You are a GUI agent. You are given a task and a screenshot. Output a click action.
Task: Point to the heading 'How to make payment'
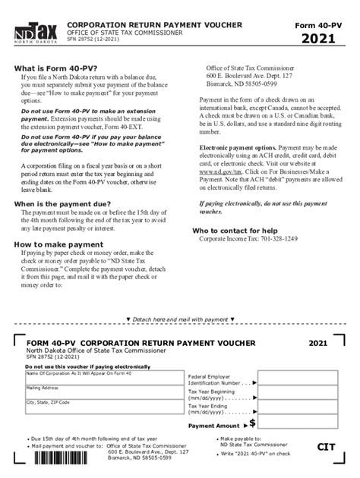pyautogui.click(x=58, y=244)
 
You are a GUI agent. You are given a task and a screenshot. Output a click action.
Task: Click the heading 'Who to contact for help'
pyautogui.click(x=235, y=230)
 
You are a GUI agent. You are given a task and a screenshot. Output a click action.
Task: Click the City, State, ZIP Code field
pyautogui.click(x=101, y=408)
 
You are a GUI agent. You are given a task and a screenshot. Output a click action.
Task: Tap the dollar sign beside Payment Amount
pyautogui.click(x=252, y=423)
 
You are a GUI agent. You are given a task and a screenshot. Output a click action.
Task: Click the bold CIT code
pyautogui.click(x=326, y=448)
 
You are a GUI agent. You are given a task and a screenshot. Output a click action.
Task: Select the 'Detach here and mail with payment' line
pyautogui.click(x=179, y=319)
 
